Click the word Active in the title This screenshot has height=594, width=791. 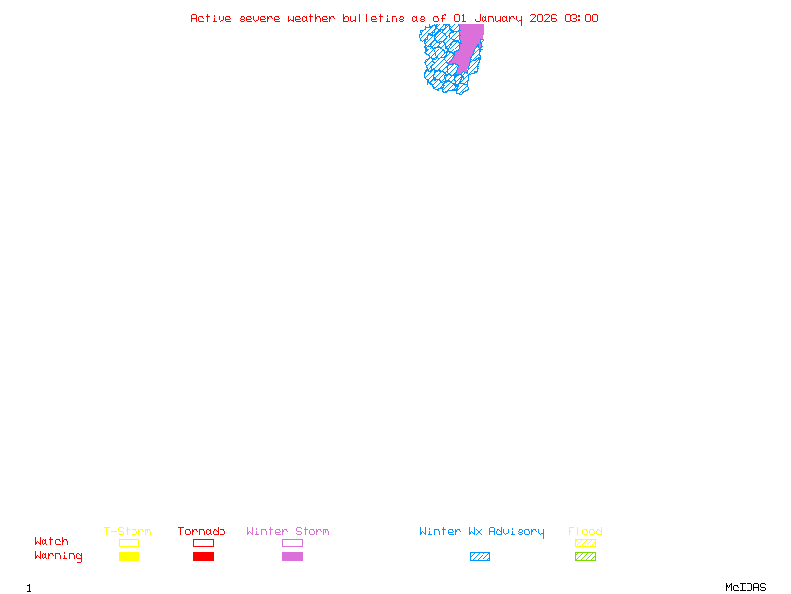click(x=212, y=18)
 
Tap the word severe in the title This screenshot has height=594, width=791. click(x=260, y=18)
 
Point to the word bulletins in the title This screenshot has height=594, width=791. click(x=374, y=18)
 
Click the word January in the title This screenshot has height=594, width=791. click(x=498, y=18)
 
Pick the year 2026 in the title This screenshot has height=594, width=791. click(x=544, y=18)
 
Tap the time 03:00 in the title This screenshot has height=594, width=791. click(x=581, y=18)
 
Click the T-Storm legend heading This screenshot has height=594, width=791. click(x=128, y=532)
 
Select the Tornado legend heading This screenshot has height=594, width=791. click(x=202, y=532)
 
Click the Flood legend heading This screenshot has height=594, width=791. click(x=585, y=532)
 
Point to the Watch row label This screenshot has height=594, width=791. click(x=51, y=542)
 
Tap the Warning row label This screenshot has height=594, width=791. click(x=58, y=556)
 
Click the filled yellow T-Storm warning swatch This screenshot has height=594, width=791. click(x=129, y=557)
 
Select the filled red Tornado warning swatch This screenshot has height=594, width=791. click(x=203, y=557)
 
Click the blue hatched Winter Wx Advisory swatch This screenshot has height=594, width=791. click(x=480, y=557)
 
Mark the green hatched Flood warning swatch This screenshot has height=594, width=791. click(x=585, y=557)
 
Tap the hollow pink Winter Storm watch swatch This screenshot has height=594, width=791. click(x=292, y=544)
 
